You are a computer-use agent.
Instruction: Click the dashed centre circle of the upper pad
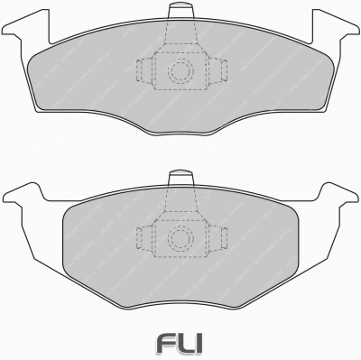[x=180, y=69]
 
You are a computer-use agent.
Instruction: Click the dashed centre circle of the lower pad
[x=180, y=237]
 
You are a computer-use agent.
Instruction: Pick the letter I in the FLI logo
[x=199, y=343]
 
